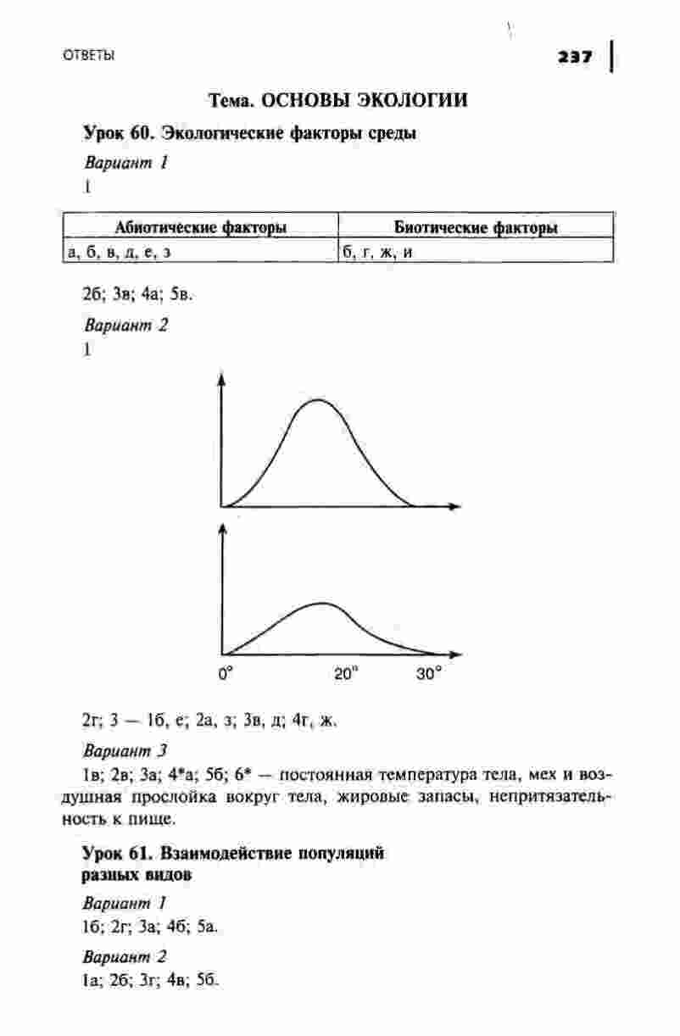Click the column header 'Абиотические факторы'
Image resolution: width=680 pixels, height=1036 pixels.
[x=200, y=227]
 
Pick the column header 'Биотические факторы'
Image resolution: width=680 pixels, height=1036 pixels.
[x=475, y=227]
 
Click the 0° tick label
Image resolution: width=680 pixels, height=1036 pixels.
[x=226, y=675]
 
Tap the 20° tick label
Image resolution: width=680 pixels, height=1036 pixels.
[x=345, y=675]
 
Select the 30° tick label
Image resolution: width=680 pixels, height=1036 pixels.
[x=429, y=675]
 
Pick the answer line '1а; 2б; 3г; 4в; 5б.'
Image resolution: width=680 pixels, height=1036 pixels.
[x=150, y=981]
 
